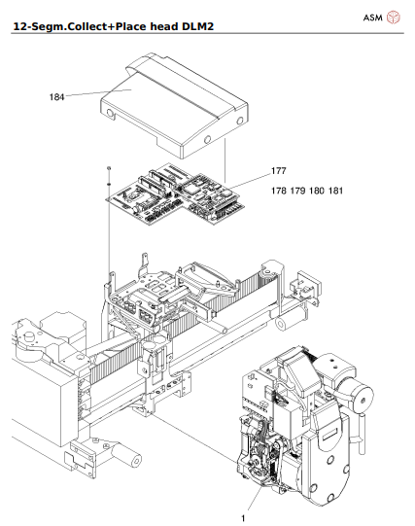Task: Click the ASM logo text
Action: click(x=372, y=18)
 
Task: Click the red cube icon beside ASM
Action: click(x=395, y=18)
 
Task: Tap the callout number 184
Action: click(x=57, y=96)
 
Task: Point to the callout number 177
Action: click(x=279, y=171)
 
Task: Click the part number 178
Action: click(x=280, y=192)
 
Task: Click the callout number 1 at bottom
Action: click(x=243, y=519)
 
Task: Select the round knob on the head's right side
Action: click(x=363, y=399)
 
